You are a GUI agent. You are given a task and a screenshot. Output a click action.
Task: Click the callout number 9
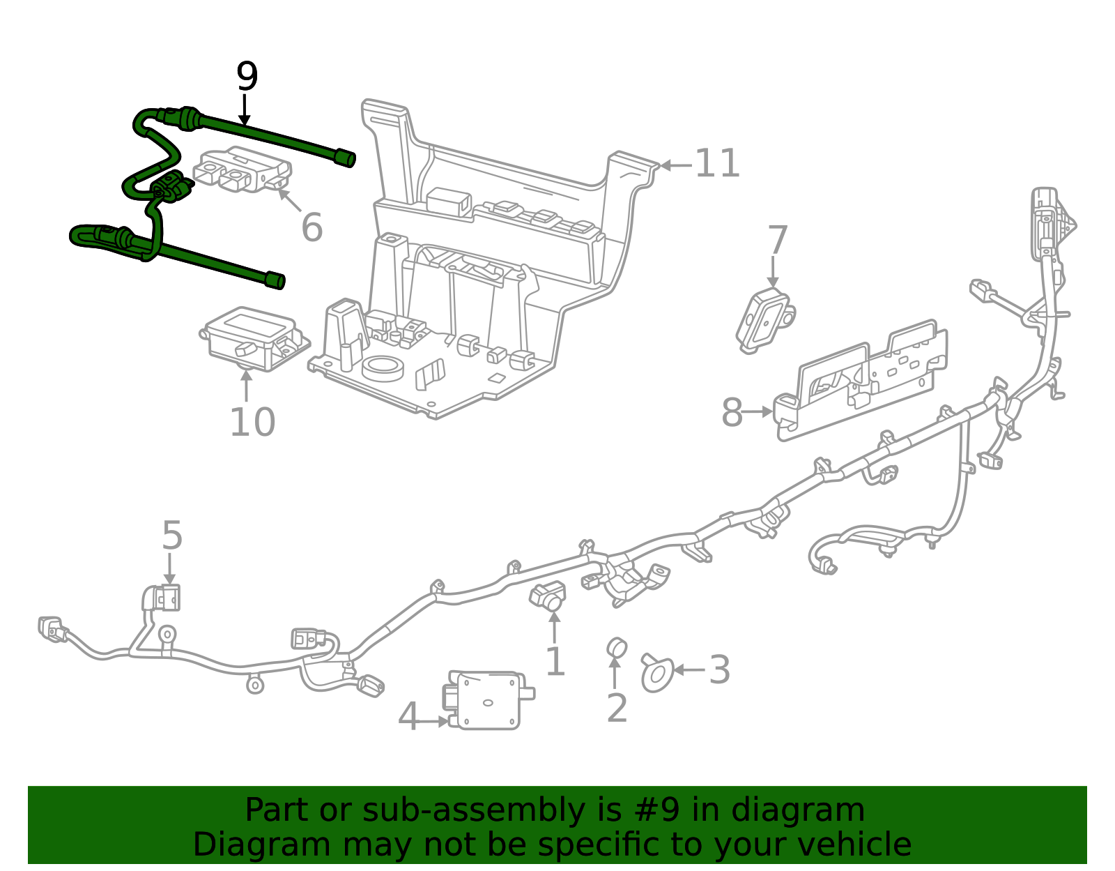click(x=247, y=77)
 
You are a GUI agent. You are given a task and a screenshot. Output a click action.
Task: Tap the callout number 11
click(x=717, y=164)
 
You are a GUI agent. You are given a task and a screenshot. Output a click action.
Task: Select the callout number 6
click(x=312, y=227)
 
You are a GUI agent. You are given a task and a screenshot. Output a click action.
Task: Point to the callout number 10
click(x=252, y=423)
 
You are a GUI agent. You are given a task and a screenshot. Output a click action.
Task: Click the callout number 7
click(x=777, y=241)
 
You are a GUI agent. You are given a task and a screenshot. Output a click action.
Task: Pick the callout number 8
click(x=732, y=412)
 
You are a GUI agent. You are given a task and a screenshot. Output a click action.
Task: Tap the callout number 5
click(x=171, y=536)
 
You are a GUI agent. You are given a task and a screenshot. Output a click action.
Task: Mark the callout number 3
click(x=719, y=669)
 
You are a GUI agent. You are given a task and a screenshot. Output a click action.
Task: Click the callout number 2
click(x=617, y=708)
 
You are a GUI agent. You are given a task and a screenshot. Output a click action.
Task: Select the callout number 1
click(x=555, y=662)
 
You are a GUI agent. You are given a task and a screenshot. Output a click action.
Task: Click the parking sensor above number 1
click(x=548, y=595)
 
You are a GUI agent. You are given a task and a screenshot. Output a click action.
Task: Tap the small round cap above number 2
click(x=616, y=647)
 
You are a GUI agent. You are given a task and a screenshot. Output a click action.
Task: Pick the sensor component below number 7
click(x=764, y=319)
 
